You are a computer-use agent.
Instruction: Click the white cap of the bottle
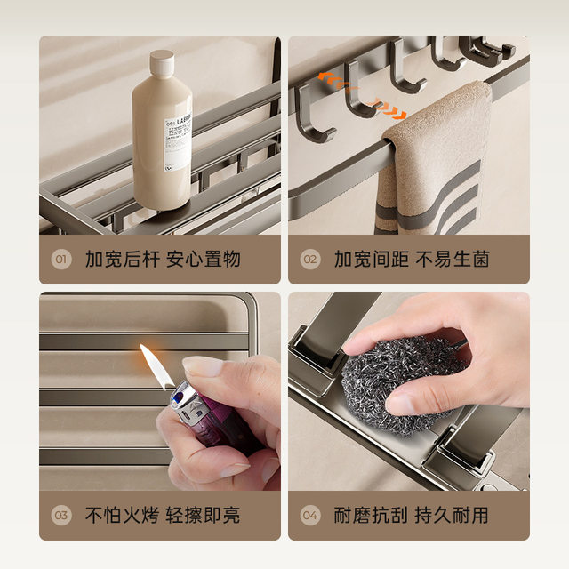click(x=162, y=65)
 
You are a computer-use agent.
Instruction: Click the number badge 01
click(x=60, y=260)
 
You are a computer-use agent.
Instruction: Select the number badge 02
click(x=309, y=260)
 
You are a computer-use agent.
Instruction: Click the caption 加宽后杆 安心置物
click(x=163, y=260)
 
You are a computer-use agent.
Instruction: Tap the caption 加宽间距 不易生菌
click(x=412, y=260)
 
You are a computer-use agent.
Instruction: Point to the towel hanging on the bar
click(x=436, y=160)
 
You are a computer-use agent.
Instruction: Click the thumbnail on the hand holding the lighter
click(x=204, y=365)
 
